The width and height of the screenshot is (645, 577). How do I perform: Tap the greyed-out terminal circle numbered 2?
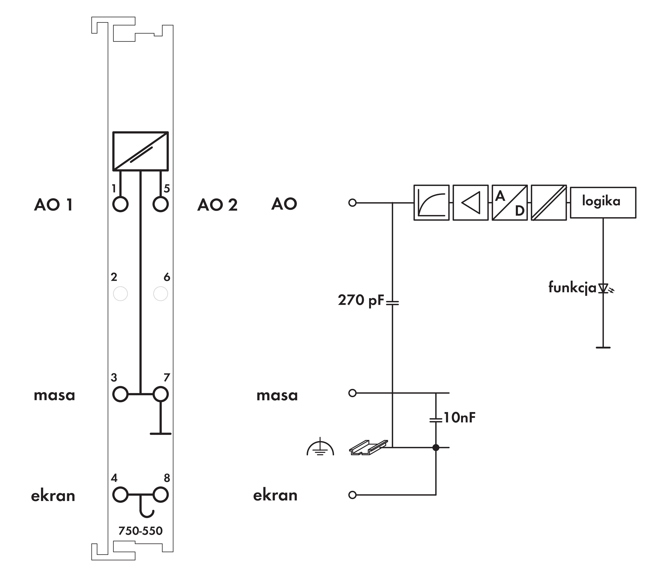point(120,294)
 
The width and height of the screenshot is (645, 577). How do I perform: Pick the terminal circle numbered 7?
point(160,394)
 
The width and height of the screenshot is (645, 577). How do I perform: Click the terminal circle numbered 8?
point(160,495)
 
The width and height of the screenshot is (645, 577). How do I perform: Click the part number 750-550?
point(140,531)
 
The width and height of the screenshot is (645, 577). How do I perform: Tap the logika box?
point(603,203)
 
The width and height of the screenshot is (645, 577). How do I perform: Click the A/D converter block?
point(510,203)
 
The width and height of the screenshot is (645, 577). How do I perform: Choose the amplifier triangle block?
point(470,203)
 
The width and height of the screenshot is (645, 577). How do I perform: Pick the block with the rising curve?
point(431,203)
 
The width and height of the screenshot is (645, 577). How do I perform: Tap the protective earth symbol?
point(320,447)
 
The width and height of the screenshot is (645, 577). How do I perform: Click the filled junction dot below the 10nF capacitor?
point(436,447)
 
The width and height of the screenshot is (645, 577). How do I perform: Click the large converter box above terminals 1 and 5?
point(140,151)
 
